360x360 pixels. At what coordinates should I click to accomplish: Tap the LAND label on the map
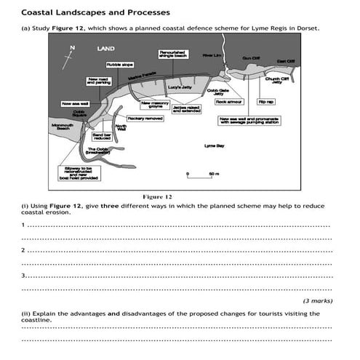(105, 49)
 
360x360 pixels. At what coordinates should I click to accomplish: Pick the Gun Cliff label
(251, 58)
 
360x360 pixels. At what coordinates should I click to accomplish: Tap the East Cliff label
(286, 62)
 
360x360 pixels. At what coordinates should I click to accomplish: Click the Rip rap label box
(266, 103)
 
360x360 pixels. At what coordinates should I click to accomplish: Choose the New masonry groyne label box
(155, 105)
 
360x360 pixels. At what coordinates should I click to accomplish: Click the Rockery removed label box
(145, 119)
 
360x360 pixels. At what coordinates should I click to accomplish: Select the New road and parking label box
(98, 81)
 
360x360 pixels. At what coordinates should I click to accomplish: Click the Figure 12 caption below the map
(158, 197)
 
